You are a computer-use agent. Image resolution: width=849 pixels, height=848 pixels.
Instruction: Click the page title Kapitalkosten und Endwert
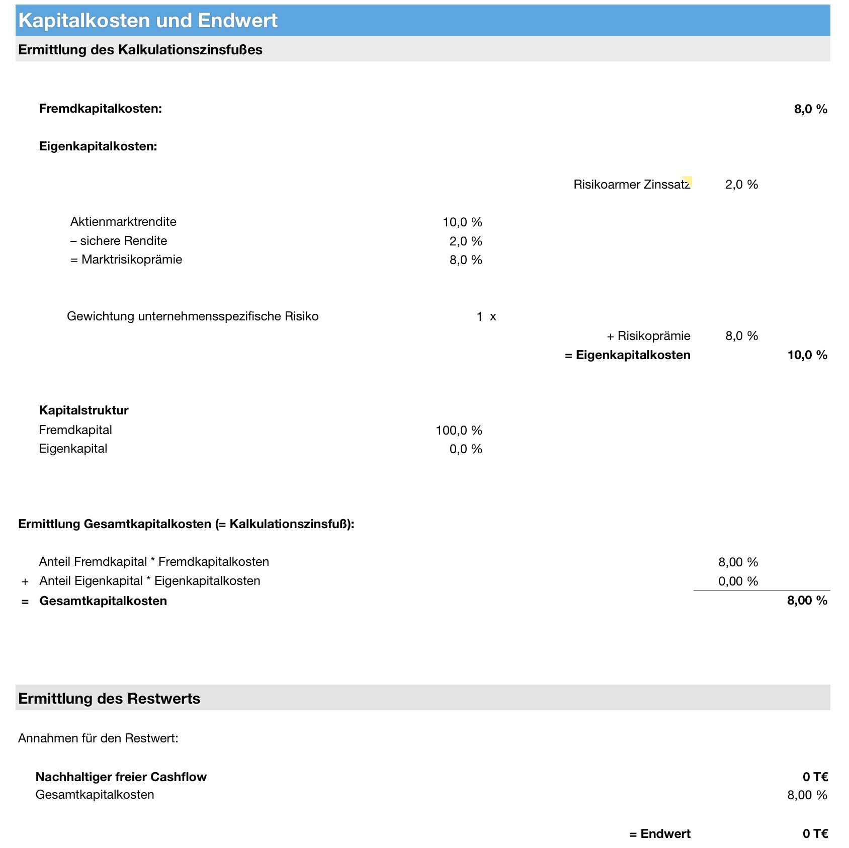point(148,21)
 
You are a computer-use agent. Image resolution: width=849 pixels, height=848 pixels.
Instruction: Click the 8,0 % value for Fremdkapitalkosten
point(810,109)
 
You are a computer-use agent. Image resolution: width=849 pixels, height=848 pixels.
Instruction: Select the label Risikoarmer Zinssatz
point(631,185)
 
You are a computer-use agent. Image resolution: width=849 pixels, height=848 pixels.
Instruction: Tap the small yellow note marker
point(688,181)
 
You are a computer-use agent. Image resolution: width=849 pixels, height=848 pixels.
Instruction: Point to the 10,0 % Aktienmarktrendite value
point(462,222)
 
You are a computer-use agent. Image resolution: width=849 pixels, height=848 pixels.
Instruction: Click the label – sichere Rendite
point(119,241)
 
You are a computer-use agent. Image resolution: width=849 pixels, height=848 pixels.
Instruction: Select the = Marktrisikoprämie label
point(126,260)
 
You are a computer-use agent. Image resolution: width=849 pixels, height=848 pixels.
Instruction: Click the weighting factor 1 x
point(486,316)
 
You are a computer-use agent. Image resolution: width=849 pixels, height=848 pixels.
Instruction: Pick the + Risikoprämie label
point(648,336)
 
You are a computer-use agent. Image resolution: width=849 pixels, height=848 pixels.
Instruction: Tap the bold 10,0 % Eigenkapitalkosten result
point(807,355)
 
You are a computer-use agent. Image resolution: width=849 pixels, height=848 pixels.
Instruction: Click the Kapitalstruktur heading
point(84,410)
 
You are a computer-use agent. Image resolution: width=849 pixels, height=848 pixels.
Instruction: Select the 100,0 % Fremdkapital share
point(459,430)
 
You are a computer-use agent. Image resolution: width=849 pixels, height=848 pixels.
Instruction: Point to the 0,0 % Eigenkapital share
point(466,449)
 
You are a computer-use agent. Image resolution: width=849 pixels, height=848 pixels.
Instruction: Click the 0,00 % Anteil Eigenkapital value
point(738,581)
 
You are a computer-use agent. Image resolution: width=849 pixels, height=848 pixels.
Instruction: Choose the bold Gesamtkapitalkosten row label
point(103,601)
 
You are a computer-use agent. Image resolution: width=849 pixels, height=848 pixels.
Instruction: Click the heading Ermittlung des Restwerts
point(109,699)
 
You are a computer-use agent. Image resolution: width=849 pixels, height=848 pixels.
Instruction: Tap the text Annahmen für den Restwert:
point(98,738)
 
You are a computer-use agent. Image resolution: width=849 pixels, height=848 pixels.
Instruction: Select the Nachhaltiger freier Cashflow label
point(121,777)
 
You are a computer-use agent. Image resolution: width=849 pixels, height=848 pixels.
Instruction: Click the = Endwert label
point(659,834)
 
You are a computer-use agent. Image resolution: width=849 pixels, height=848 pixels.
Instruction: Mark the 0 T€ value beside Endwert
point(815,834)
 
